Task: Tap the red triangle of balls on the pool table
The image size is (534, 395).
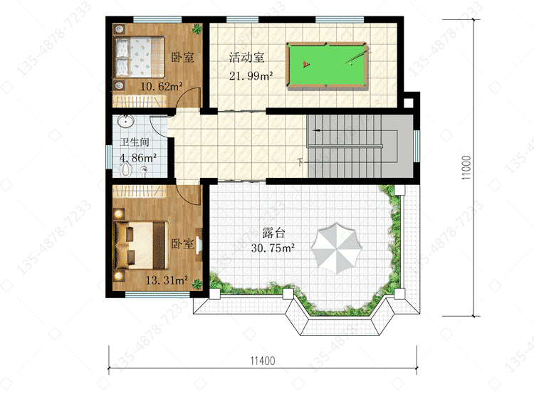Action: coord(306,63)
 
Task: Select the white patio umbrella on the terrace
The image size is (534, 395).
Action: coord(336,248)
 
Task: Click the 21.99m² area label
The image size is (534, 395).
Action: coord(251,75)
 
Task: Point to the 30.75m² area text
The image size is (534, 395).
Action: coord(273,248)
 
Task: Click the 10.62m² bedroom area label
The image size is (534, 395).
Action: coord(162,87)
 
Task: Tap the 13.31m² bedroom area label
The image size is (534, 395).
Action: coord(167,280)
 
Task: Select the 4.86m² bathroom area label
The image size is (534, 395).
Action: coord(138,158)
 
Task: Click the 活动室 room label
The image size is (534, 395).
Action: coord(246,57)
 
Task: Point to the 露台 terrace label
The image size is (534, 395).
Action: coord(273,233)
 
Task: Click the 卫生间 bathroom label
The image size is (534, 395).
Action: coord(135,142)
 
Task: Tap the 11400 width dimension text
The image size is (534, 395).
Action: coord(263,361)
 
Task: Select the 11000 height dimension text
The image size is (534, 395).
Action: coord(466,167)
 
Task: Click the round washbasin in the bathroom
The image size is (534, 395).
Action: coord(125,121)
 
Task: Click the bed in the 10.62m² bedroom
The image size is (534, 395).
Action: coord(139,57)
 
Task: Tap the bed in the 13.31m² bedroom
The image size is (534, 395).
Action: coord(142,245)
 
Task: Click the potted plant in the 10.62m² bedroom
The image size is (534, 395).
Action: coord(197,29)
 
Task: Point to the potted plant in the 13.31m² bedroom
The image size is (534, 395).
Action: coord(197,284)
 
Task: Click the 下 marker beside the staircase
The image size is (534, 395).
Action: coord(300,162)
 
